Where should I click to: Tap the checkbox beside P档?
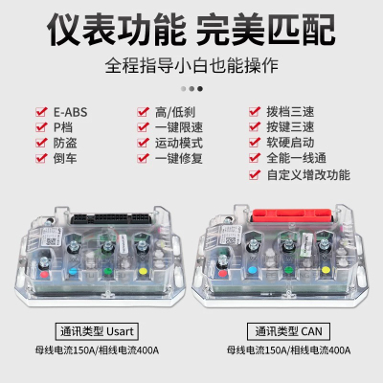pos(40,126)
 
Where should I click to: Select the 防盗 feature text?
pos(66,143)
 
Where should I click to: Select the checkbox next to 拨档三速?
pos(255,110)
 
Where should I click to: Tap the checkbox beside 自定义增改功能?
pos(255,175)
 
